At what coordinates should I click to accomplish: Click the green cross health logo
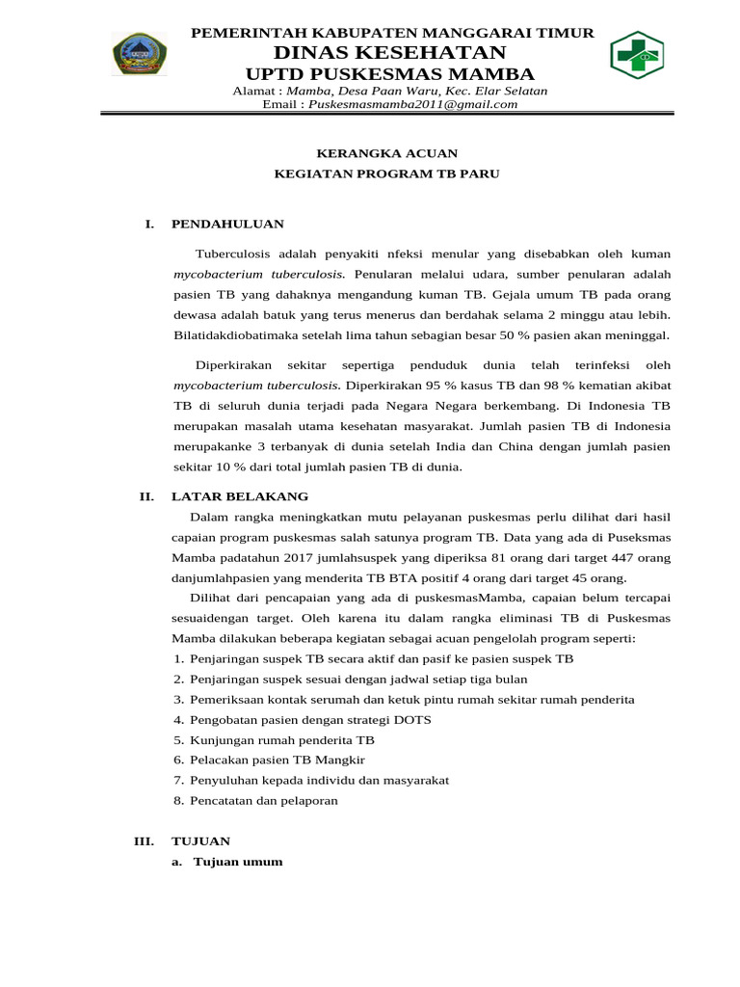point(637,55)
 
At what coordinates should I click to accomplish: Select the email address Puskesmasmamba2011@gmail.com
point(412,104)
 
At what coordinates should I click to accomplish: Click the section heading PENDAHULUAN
point(227,224)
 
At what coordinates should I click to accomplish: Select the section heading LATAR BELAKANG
point(239,496)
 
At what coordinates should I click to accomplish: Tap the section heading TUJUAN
point(200,841)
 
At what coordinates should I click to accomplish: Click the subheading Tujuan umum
point(238,862)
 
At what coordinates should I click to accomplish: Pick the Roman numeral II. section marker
point(147,496)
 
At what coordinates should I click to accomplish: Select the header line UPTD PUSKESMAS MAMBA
point(390,75)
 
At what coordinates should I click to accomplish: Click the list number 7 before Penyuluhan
point(178,780)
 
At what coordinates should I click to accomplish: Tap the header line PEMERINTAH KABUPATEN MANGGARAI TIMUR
point(392,34)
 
